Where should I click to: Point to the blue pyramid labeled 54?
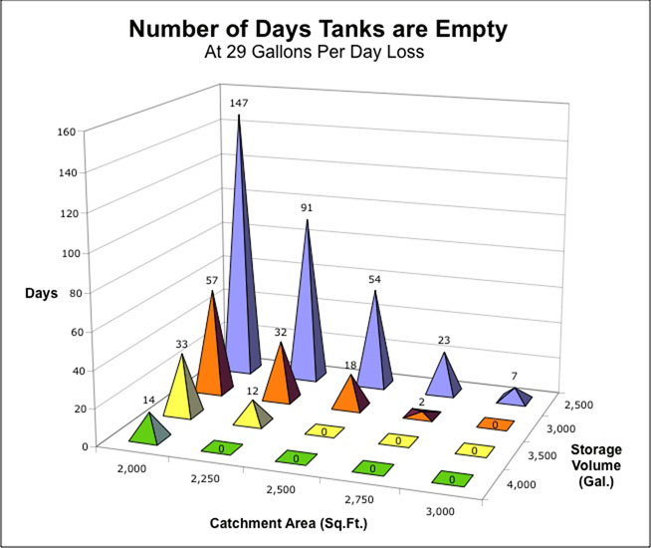[x=374, y=344]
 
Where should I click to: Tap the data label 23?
[x=444, y=340]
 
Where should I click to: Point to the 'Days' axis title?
[x=41, y=292]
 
